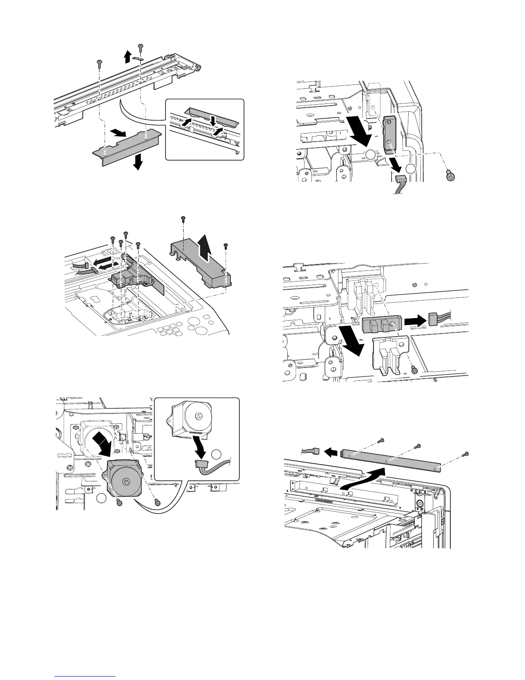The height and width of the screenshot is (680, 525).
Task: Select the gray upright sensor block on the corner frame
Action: (x=389, y=134)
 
